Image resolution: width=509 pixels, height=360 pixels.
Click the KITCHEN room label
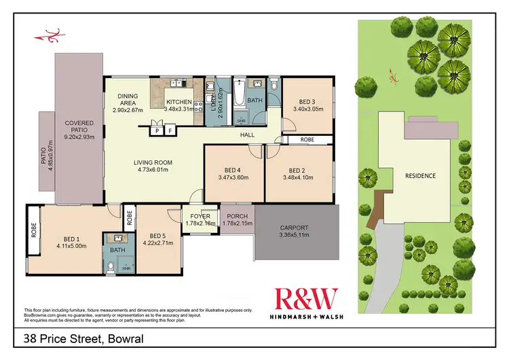point(180,102)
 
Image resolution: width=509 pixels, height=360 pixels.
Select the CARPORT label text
point(295,228)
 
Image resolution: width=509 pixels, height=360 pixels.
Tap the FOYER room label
point(200,216)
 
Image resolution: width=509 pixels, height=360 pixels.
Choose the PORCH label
point(237,216)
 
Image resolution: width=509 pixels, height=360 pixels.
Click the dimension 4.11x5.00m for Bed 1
point(71,247)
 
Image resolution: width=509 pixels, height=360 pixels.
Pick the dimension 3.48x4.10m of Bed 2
point(299,178)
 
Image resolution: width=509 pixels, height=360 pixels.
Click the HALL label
point(247,135)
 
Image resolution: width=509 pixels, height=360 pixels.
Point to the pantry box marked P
point(157,130)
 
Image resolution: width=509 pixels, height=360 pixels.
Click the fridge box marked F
point(171,130)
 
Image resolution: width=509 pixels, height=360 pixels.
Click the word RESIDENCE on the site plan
point(420,175)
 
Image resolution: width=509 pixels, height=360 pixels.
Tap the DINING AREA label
point(128,100)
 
